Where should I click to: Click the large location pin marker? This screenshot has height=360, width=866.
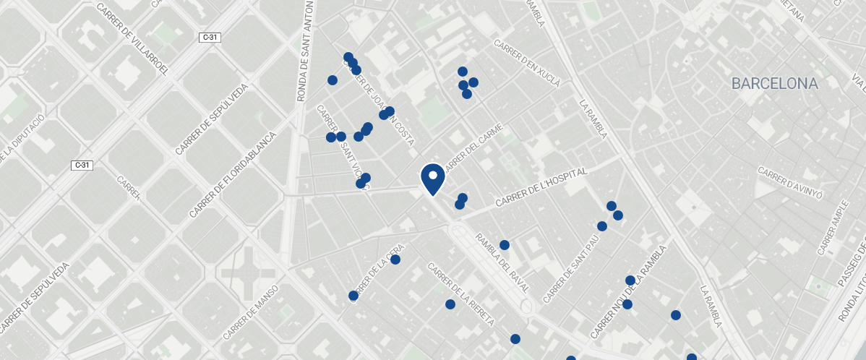click(432, 179)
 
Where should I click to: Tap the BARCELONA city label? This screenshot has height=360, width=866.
click(774, 84)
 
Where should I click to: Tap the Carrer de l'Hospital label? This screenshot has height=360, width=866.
click(542, 188)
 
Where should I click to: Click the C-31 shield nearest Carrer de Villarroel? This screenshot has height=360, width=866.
click(210, 37)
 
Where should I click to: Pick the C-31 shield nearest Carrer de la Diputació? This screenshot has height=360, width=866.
click(82, 166)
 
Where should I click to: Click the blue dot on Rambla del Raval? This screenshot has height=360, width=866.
click(505, 245)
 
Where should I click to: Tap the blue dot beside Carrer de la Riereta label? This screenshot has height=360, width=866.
click(450, 304)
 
